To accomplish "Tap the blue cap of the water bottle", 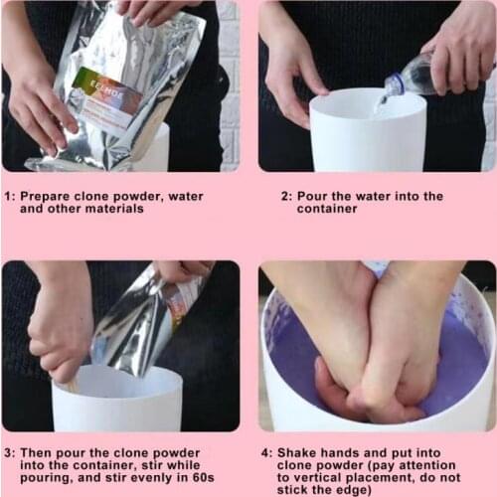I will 394,86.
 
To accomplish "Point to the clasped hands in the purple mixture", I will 373,348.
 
